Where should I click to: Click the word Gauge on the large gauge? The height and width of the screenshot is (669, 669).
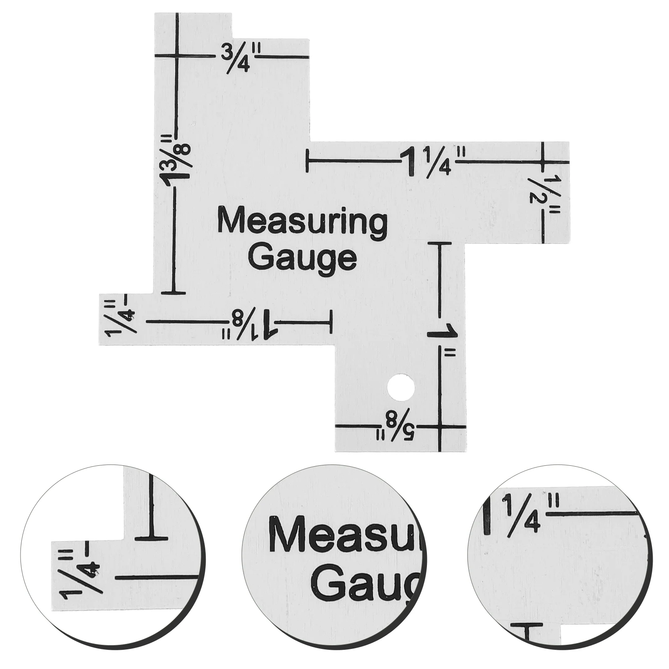tap(305, 258)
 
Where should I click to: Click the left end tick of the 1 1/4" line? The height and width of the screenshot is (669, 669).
tap(308, 161)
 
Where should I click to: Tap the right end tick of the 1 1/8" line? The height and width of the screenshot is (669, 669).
tap(332, 322)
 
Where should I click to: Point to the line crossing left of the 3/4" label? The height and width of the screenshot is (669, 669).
tap(178, 56)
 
